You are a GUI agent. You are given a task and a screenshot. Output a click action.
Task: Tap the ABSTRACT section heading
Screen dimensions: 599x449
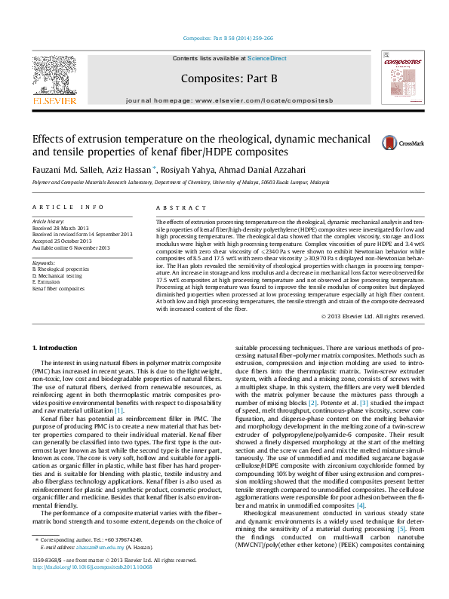pos(175,207)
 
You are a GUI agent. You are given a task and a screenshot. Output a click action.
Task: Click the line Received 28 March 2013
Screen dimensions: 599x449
pos(62,229)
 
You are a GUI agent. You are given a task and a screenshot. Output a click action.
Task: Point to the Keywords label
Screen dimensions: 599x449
pos(44,261)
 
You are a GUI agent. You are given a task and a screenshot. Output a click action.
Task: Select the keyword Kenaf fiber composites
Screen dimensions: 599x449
pos(59,288)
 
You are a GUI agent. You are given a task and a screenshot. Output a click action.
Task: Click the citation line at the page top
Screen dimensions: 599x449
pos(224,38)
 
